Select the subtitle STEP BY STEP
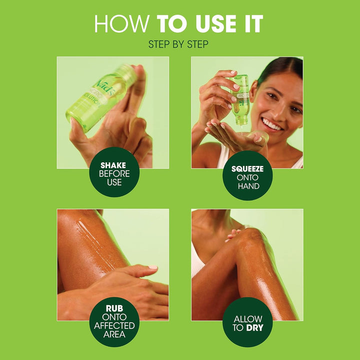178,44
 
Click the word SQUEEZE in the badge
247,168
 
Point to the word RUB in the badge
114,307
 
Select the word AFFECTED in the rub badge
114,325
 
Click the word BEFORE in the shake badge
114,173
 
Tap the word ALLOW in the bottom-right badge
247,319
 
